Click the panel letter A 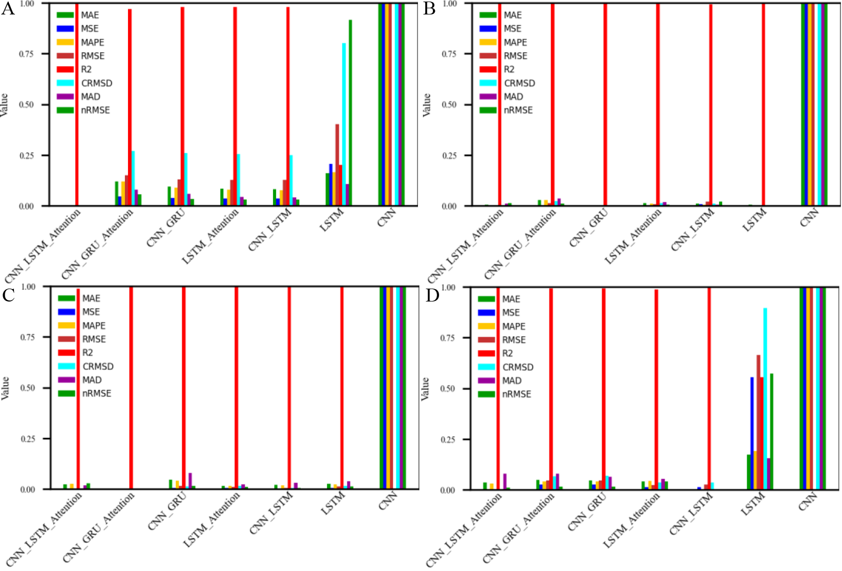(8, 9)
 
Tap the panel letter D (431, 295)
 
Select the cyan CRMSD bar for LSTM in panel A (344, 124)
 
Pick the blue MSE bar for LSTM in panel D (752, 433)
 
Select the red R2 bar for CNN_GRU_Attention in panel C (131, 387)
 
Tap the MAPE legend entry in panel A (92, 42)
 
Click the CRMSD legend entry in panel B (519, 83)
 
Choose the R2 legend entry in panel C (88, 353)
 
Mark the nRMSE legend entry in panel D (516, 394)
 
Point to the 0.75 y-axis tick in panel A (26, 54)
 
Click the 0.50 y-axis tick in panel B (449, 105)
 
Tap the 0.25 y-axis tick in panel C (28, 439)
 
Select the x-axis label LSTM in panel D (752, 503)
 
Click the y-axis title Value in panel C (5, 388)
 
